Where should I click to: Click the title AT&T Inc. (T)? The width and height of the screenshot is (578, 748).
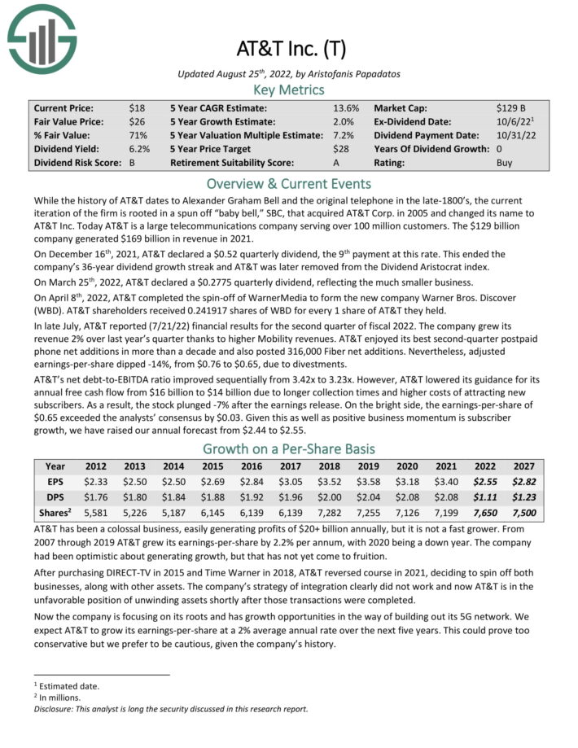[289, 48]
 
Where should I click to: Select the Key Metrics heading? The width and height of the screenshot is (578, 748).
[288, 90]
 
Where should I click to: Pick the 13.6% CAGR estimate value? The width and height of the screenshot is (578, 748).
[343, 107]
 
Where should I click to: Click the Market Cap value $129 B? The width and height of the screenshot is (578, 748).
[512, 107]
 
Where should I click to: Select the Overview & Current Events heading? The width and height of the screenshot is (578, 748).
[288, 182]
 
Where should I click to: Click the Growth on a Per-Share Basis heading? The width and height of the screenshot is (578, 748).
[288, 448]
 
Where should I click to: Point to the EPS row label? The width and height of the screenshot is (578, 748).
[55, 481]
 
